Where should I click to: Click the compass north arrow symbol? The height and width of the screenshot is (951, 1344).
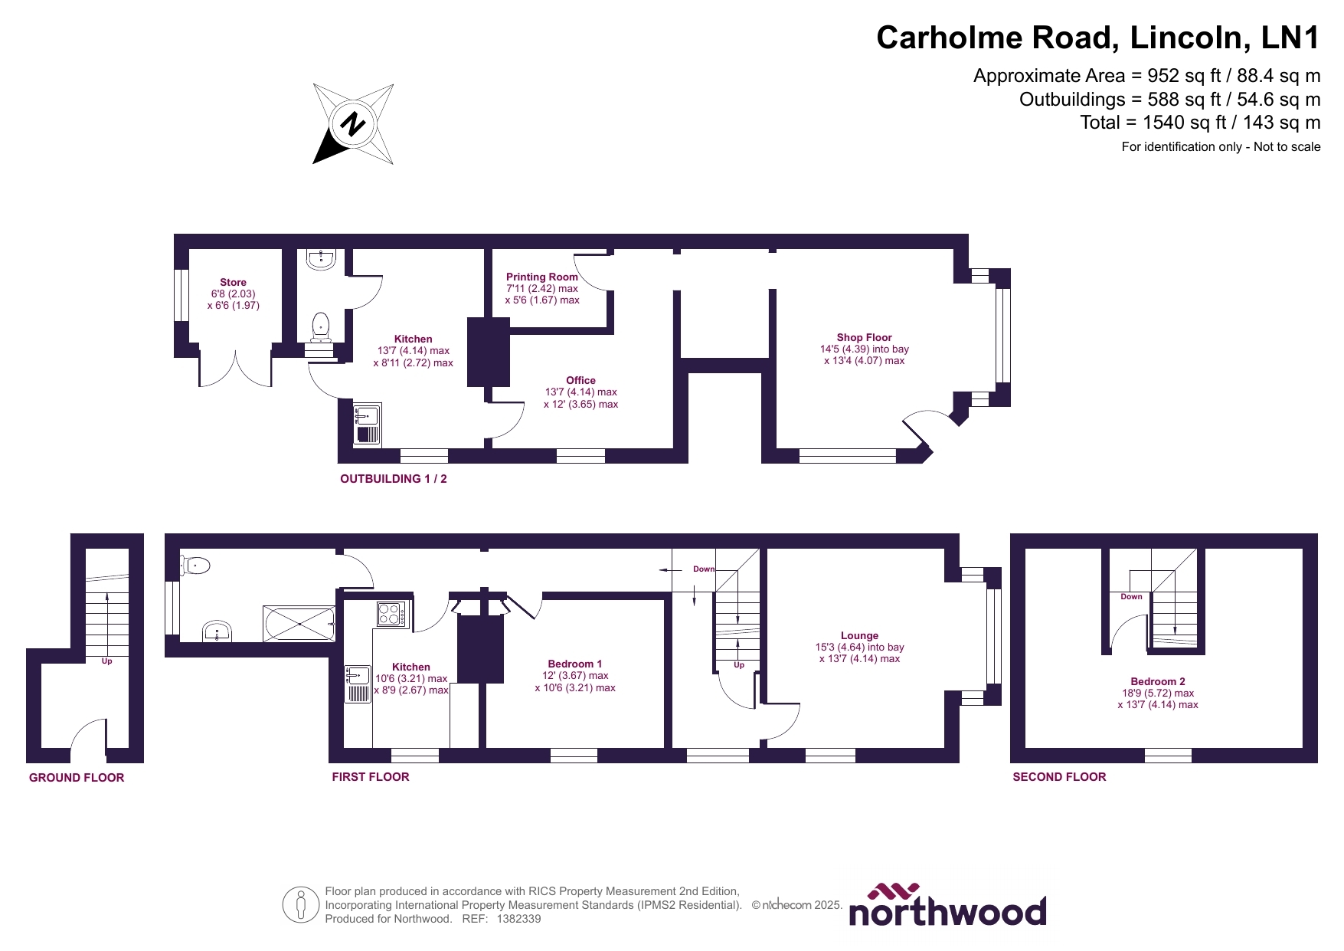point(353,124)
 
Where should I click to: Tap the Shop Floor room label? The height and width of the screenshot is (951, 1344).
point(864,337)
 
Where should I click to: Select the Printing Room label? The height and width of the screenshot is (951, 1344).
point(541,277)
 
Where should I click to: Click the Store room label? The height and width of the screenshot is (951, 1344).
point(233,282)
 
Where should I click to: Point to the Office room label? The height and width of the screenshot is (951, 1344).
point(580,380)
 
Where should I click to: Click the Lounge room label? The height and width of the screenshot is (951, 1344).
point(859,635)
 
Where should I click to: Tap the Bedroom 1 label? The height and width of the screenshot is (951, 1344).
point(574,664)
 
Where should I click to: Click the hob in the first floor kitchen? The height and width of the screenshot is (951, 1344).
point(391,614)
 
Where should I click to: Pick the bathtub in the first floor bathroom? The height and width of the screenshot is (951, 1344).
point(299,624)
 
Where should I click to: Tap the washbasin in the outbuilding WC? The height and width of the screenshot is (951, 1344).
point(320,260)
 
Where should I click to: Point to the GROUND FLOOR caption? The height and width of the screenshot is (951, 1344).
point(77,777)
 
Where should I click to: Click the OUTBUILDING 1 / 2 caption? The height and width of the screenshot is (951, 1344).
point(394,478)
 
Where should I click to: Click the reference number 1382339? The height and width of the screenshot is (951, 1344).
point(518,919)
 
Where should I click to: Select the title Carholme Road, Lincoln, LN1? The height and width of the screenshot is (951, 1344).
point(1097,38)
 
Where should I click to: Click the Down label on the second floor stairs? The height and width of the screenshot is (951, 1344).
point(1131,596)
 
